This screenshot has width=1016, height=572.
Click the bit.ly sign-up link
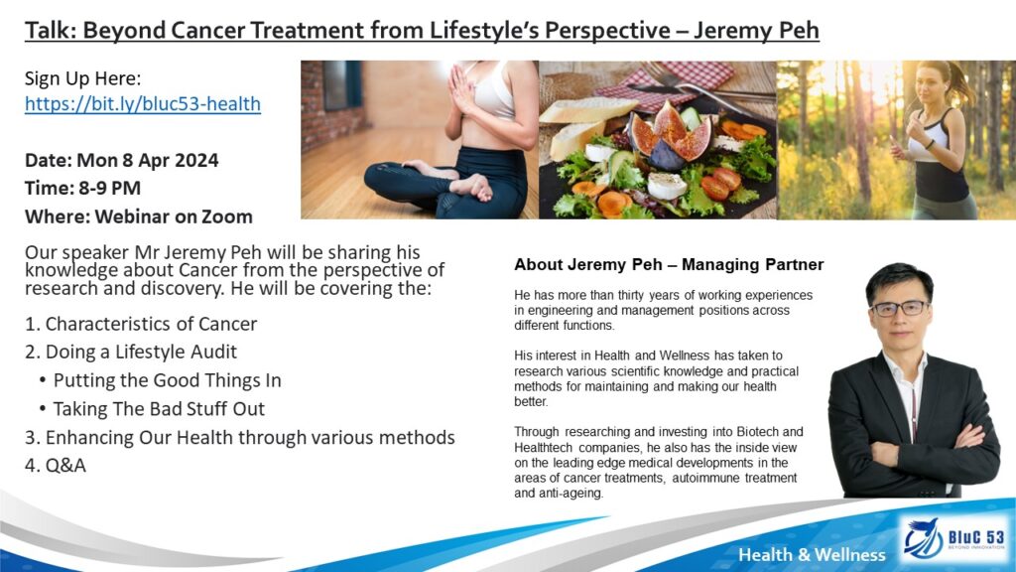(143, 103)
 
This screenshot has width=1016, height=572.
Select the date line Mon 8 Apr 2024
(122, 160)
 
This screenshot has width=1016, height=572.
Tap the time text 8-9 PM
(109, 188)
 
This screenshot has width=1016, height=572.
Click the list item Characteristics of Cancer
(141, 324)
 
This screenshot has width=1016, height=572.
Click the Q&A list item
(56, 466)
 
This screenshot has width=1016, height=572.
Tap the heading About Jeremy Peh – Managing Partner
(669, 264)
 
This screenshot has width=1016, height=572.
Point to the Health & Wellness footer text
(812, 554)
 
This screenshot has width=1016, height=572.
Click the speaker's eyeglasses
(900, 309)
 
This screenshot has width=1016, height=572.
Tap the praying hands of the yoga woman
(463, 89)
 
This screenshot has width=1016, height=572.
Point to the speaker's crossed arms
(915, 449)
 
